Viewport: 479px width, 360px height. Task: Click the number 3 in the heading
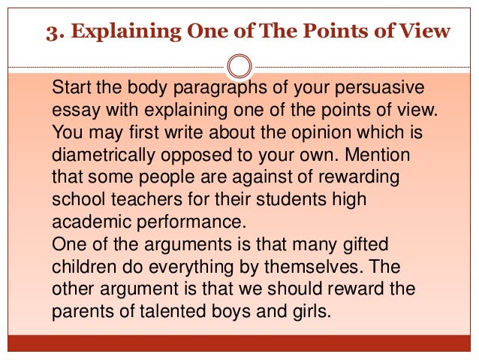pos(52,32)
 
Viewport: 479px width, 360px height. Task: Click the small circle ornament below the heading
pos(239,65)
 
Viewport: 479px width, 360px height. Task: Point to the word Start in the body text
pos(70,87)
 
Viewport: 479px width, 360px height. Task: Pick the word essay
pos(72,110)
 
